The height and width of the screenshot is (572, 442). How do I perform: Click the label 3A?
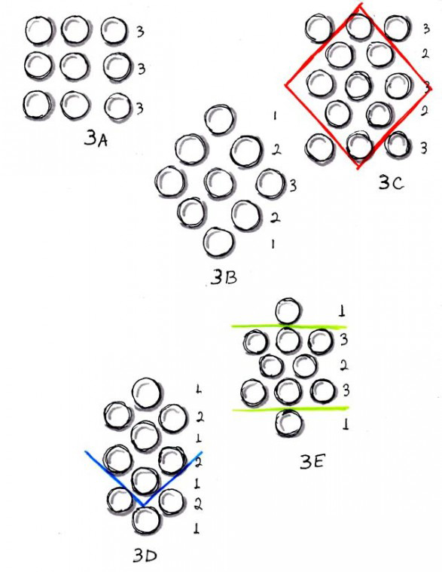click(x=96, y=139)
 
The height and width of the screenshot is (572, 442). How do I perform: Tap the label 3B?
click(x=224, y=278)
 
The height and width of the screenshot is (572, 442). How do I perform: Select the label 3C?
click(x=392, y=182)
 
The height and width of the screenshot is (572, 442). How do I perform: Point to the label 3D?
click(x=145, y=556)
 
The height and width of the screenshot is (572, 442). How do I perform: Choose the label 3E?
click(x=312, y=463)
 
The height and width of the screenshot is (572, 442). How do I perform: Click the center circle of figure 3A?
click(x=74, y=66)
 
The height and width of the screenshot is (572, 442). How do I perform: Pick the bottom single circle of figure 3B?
click(x=218, y=242)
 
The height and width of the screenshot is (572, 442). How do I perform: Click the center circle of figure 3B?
click(x=218, y=182)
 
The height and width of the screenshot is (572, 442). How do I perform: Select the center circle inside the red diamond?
click(x=358, y=86)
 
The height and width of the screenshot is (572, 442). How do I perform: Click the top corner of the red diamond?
click(x=361, y=5)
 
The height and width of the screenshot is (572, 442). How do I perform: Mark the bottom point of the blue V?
click(x=144, y=505)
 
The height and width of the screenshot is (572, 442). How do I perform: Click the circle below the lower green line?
click(x=289, y=424)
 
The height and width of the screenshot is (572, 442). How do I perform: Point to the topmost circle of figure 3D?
click(x=146, y=393)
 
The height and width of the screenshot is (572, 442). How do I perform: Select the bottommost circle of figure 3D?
click(x=146, y=521)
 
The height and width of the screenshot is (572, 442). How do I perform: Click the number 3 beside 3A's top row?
click(x=140, y=32)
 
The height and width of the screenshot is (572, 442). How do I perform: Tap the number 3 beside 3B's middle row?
click(x=293, y=185)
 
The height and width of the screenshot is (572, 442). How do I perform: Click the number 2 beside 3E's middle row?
click(x=343, y=366)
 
